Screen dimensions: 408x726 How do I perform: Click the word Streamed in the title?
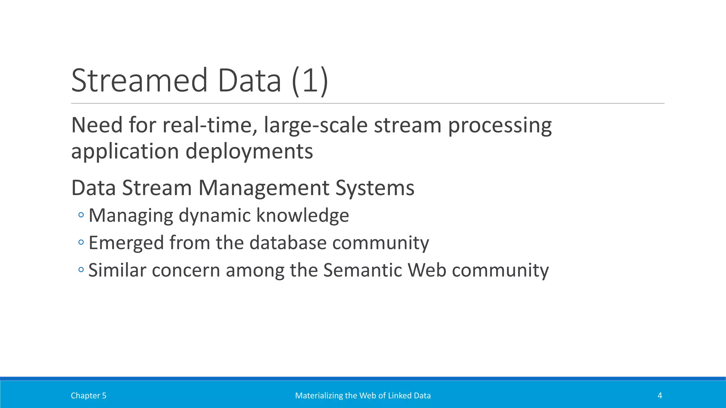click(139, 81)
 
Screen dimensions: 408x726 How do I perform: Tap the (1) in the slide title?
click(310, 81)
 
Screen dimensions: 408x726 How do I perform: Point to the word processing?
click(500, 126)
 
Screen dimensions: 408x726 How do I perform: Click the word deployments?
click(249, 152)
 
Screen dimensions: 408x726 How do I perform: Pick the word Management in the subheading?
click(264, 188)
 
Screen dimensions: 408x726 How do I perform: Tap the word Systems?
click(375, 188)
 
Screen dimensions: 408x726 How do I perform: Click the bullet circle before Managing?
click(81, 215)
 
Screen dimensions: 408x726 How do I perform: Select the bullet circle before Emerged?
click(81, 243)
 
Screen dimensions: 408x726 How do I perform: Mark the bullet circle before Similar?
click(81, 270)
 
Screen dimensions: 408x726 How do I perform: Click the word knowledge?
click(302, 215)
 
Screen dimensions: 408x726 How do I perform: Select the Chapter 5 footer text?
click(88, 396)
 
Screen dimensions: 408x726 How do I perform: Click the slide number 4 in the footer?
click(660, 396)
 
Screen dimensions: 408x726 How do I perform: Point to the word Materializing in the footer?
click(317, 396)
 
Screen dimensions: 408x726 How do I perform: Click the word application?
click(125, 152)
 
